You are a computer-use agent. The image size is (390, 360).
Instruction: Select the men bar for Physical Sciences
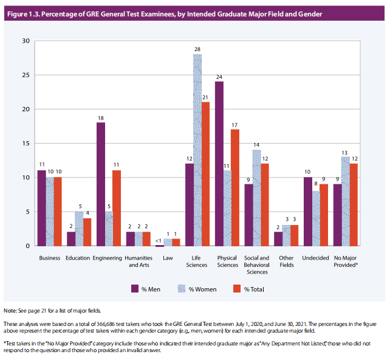pyautogui.click(x=219, y=164)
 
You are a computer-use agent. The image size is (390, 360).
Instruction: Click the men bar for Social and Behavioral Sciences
pyautogui.click(x=249, y=215)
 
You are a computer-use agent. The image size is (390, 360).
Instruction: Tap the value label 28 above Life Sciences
pyautogui.click(x=197, y=49)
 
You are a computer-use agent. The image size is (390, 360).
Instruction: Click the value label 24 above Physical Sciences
pyautogui.click(x=219, y=77)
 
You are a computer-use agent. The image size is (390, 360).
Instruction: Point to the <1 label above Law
pyautogui.click(x=160, y=240)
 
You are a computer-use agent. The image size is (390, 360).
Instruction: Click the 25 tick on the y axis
pyautogui.click(x=26, y=75)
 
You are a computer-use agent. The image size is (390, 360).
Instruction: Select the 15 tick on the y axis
pyautogui.click(x=26, y=144)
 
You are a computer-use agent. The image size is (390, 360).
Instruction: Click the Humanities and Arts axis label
pyautogui.click(x=138, y=261)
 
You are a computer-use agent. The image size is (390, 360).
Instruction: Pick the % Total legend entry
pyautogui.click(x=248, y=288)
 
